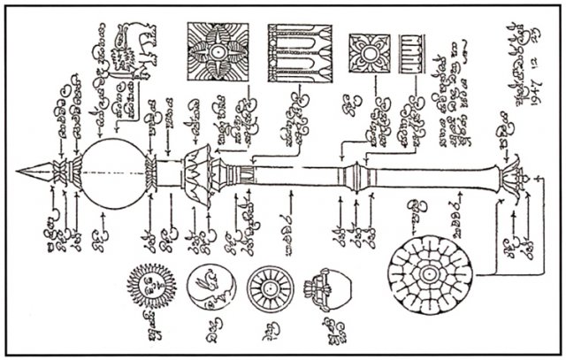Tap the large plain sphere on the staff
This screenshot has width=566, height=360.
(x=115, y=169)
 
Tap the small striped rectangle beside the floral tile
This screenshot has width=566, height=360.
(x=412, y=50)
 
